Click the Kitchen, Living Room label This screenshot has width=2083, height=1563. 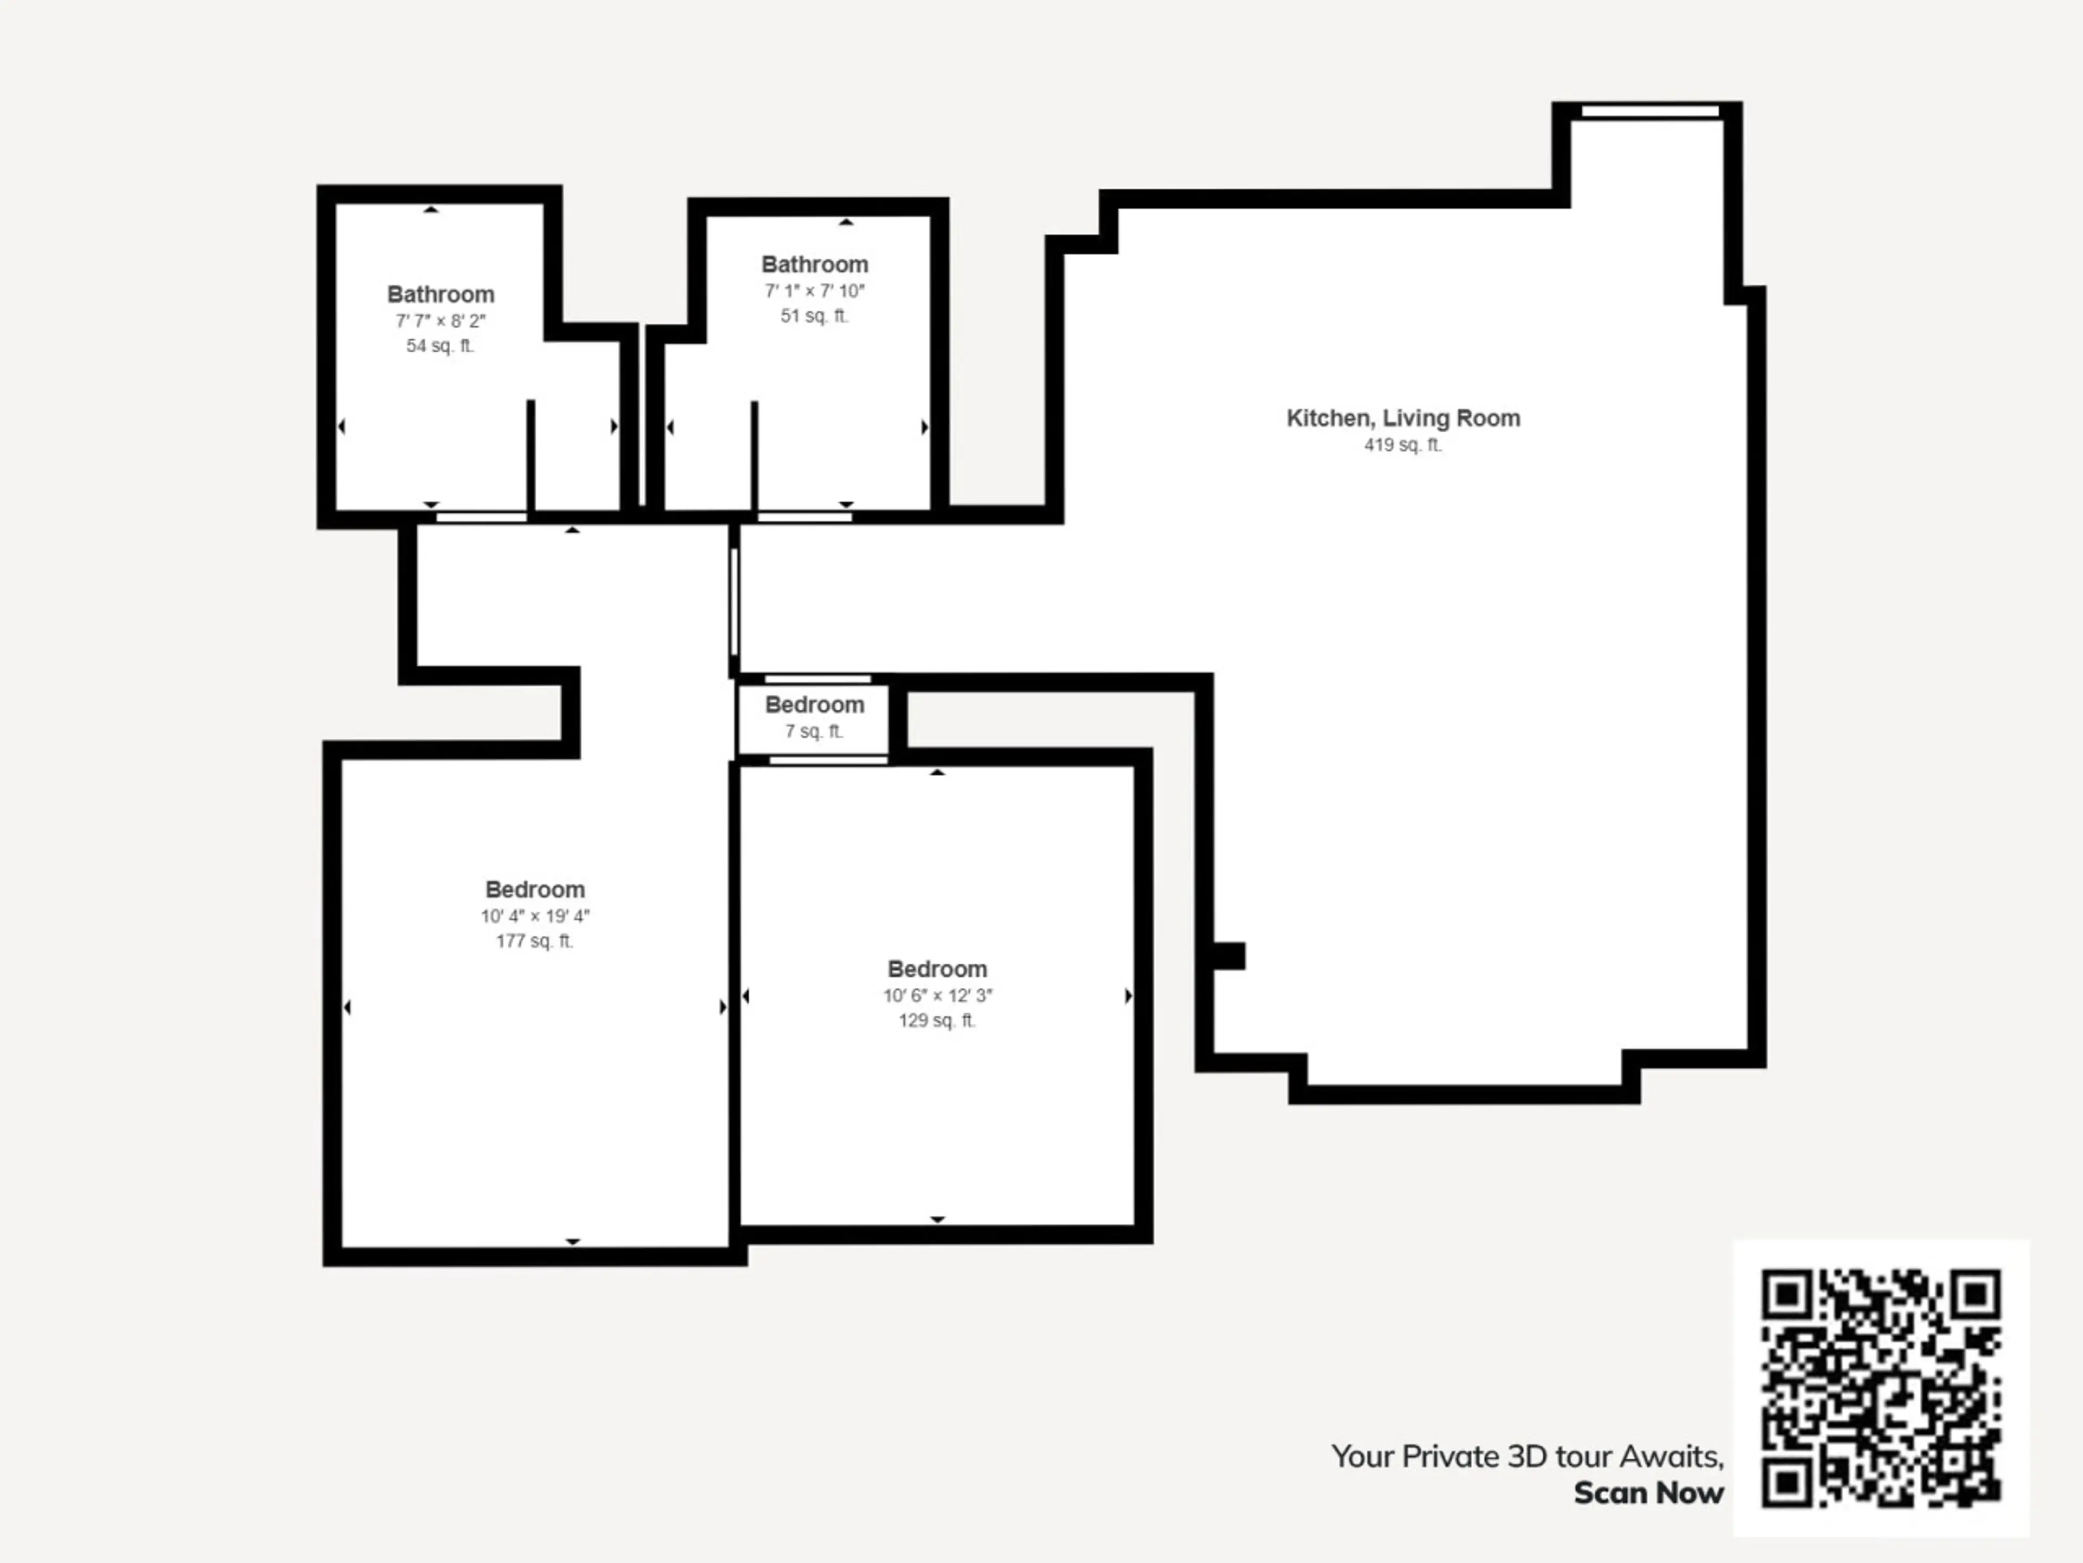click(1403, 418)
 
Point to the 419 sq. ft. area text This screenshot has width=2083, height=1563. click(1403, 444)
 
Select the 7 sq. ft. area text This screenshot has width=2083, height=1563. click(815, 731)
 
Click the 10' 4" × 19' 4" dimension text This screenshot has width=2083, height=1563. click(535, 916)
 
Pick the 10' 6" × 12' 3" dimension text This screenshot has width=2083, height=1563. click(937, 995)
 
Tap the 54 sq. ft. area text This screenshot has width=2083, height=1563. click(440, 346)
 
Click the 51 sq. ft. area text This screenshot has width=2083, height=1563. click(815, 316)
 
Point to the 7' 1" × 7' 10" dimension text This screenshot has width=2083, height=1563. click(815, 291)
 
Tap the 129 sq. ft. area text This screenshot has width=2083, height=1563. click(937, 1020)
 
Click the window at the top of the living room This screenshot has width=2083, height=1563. click(1650, 111)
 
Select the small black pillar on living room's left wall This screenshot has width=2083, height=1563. click(1228, 955)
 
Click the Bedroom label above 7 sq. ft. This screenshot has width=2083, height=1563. click(815, 705)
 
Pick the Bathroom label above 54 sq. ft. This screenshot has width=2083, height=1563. click(440, 294)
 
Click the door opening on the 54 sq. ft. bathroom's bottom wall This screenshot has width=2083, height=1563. click(481, 517)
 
